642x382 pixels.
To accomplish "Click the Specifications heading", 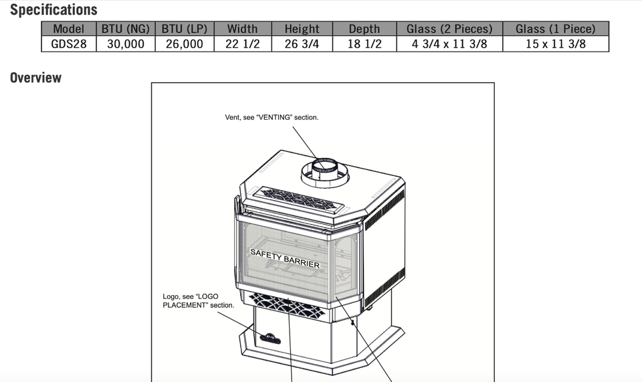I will (x=53, y=10).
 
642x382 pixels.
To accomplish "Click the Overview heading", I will (x=35, y=78).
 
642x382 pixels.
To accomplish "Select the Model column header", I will (x=69, y=29).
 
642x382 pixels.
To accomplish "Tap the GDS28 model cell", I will (x=69, y=44).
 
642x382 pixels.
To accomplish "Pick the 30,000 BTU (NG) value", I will (x=126, y=44).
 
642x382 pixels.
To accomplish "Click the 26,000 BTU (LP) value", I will (x=184, y=44).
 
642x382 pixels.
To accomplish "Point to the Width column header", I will (x=242, y=29).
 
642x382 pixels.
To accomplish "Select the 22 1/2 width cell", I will (x=242, y=44).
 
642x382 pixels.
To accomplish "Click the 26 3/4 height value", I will (x=302, y=44).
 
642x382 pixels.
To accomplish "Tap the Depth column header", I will (x=364, y=29).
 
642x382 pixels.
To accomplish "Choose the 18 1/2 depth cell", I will (x=364, y=44).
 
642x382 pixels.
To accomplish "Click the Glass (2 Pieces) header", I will (x=449, y=29).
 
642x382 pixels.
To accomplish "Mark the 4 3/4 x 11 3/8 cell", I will (x=449, y=44).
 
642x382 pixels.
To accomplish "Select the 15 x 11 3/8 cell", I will (x=555, y=44).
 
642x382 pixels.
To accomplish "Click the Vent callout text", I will (x=272, y=117).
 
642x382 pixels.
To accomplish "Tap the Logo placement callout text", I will (x=199, y=300).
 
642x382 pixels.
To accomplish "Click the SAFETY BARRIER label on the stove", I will (x=285, y=258).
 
